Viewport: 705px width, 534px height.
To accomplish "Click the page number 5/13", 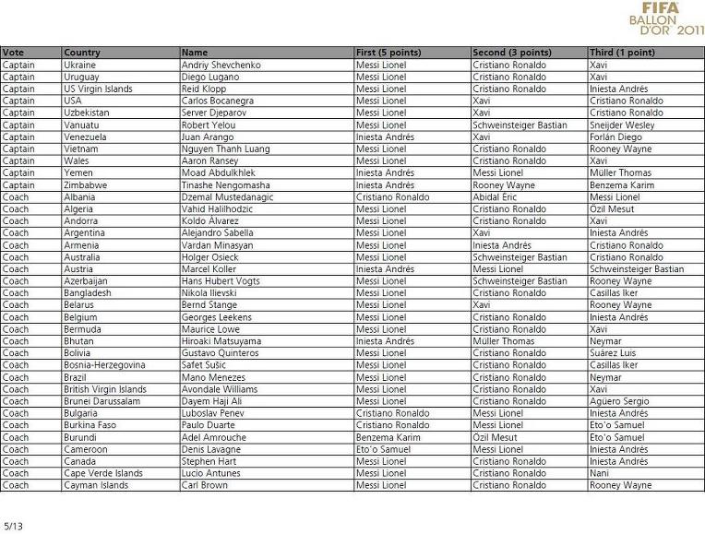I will [12, 526].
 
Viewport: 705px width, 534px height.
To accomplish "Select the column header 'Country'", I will [82, 53].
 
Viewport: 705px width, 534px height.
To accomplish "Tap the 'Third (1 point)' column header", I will [622, 53].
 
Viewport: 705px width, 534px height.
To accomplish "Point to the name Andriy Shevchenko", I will [221, 65].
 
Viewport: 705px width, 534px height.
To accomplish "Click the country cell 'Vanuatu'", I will [80, 125].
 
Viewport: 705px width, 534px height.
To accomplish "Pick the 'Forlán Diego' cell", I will [616, 137].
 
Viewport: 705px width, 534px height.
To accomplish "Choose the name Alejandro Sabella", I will [220, 233].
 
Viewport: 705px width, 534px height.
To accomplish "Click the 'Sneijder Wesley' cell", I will [623, 125].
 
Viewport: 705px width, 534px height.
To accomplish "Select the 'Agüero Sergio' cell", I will [620, 401].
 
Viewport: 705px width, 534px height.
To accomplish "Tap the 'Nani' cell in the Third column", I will [600, 473].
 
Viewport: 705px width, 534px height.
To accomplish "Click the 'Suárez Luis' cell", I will [614, 353].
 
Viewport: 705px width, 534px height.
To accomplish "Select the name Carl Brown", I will [205, 485].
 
